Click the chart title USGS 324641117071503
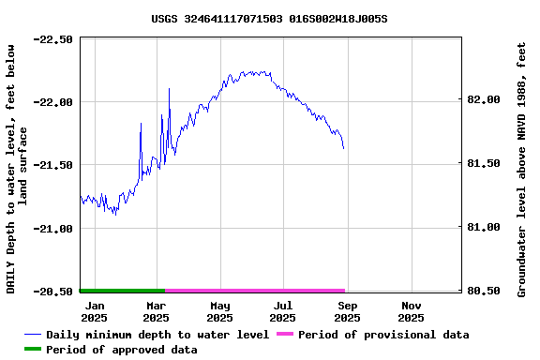point(269,18)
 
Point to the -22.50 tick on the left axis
point(53,39)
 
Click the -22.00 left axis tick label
point(53,102)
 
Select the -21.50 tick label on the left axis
point(53,165)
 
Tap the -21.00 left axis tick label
point(53,228)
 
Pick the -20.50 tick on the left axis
point(53,292)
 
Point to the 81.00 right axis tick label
point(485,227)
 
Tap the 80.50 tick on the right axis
point(485,291)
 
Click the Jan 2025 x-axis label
point(95,311)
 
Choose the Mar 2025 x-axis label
point(157,311)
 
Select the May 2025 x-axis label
point(220,311)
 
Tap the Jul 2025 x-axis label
point(283,311)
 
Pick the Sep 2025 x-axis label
point(347,311)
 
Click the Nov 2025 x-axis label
point(411,311)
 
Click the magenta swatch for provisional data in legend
point(284,335)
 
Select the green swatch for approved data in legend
point(33,350)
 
